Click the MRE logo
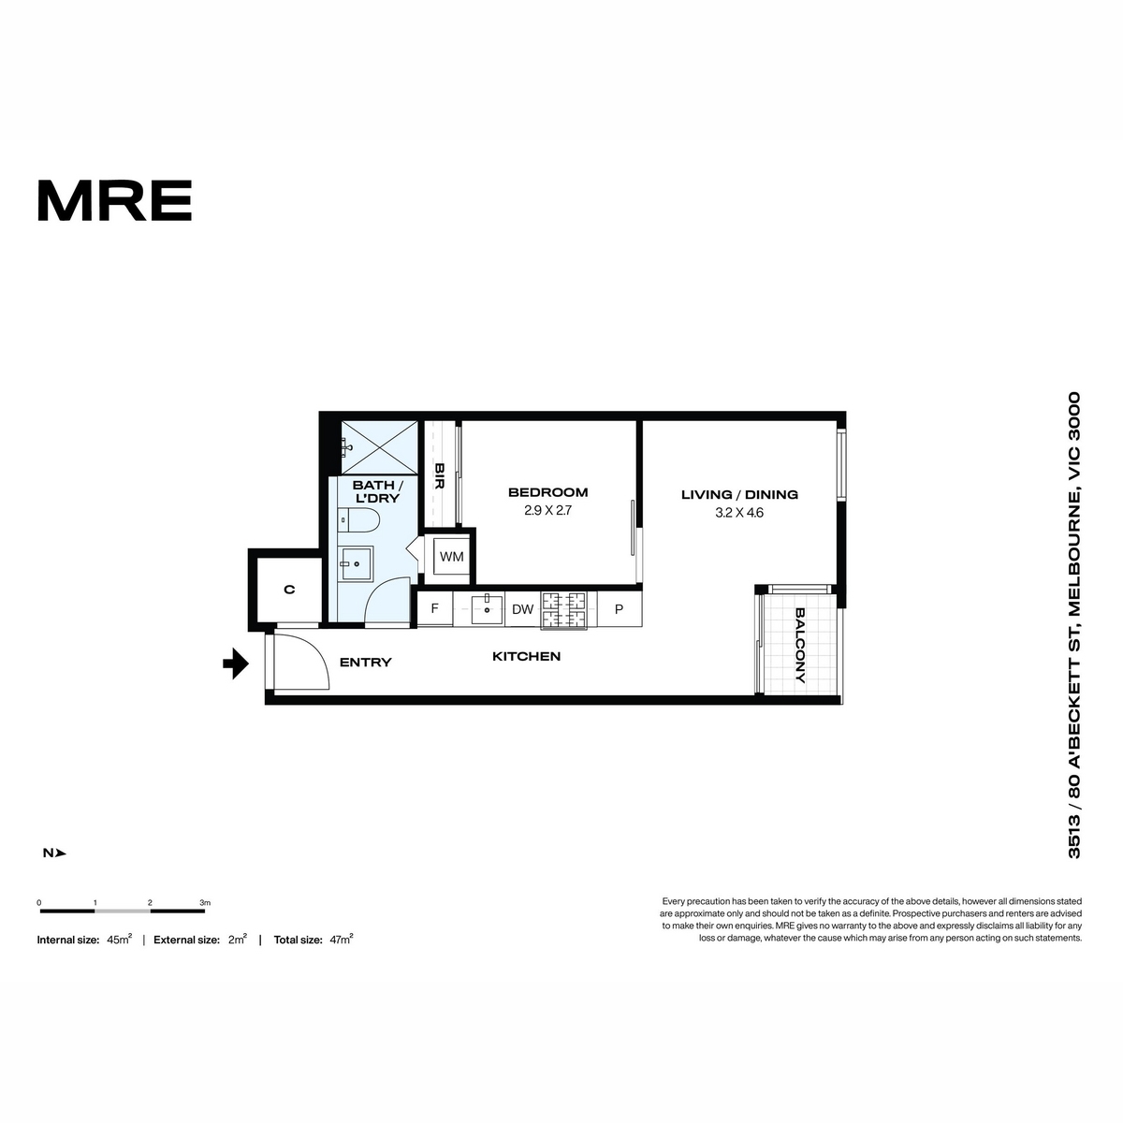coord(115,200)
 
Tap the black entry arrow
coord(236,664)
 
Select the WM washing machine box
coord(452,557)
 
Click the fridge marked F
coord(435,608)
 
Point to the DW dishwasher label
coord(523,609)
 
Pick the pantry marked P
coord(619,609)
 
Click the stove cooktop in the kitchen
coord(563,610)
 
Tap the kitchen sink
coord(487,609)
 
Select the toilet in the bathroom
coord(358,519)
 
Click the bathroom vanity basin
coord(357,563)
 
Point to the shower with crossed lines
coord(379,447)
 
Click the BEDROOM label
coord(547,492)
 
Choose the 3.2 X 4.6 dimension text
coord(739,513)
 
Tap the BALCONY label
coord(800,645)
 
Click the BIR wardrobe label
coord(440,476)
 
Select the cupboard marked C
coord(289,590)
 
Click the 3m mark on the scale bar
coord(205,903)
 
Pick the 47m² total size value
coord(342,940)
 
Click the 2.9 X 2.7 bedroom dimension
coord(547,511)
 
